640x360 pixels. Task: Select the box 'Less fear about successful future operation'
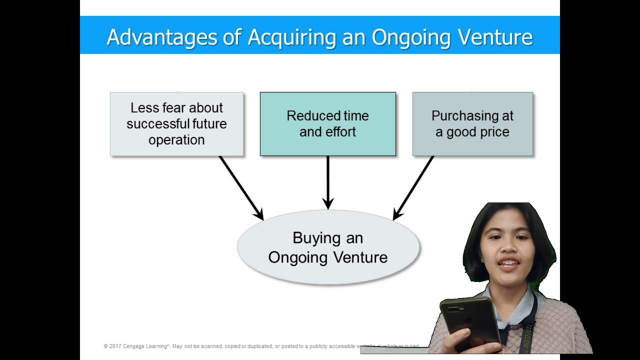tap(176, 123)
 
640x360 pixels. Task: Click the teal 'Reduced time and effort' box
tap(327, 123)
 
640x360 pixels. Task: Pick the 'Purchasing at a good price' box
tap(472, 123)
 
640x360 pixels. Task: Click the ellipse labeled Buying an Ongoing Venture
tap(328, 247)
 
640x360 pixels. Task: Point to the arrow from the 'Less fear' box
tap(241, 187)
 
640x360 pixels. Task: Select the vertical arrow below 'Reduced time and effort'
tap(328, 182)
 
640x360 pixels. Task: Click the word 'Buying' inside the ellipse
tap(313, 237)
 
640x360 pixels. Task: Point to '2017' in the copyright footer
tap(115, 346)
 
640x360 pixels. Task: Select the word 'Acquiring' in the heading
tap(289, 37)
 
